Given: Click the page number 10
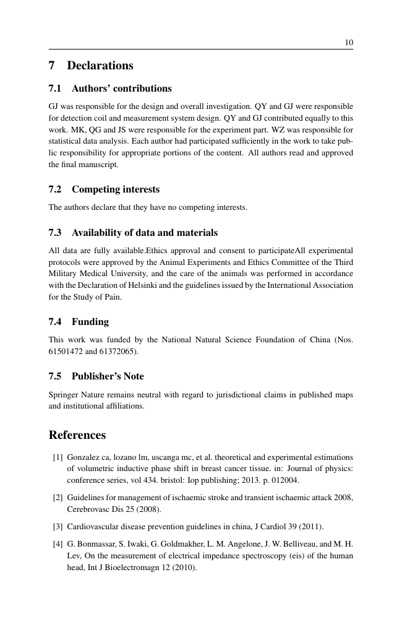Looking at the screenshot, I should (348, 42).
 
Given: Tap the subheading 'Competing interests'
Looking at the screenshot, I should (116, 189).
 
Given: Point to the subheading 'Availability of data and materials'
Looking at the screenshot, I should (145, 233).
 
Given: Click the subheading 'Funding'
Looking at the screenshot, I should (90, 322).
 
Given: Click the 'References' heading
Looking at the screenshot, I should (77, 435).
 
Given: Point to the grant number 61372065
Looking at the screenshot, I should (115, 352).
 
